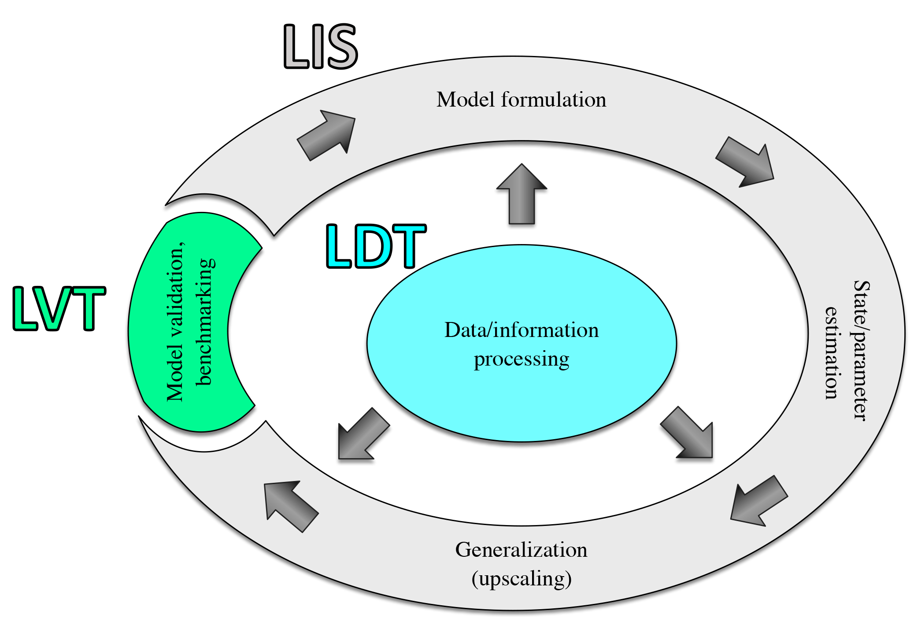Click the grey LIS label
point(320,46)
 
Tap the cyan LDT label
point(376,246)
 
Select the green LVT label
point(59,308)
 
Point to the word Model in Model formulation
point(466,100)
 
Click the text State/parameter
point(861,351)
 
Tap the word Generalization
point(521,550)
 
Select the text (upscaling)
point(521,579)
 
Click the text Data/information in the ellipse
point(522,330)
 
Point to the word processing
point(522,359)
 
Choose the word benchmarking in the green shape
point(205,322)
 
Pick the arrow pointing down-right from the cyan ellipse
point(688,434)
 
